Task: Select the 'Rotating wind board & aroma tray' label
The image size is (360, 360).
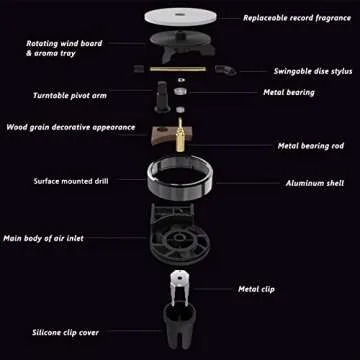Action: coord(63,47)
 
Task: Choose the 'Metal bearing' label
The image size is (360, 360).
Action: coord(289,92)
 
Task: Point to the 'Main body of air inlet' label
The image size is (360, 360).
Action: coord(54,238)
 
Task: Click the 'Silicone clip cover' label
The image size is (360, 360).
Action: coord(60,331)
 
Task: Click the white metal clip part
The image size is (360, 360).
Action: coord(180,284)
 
